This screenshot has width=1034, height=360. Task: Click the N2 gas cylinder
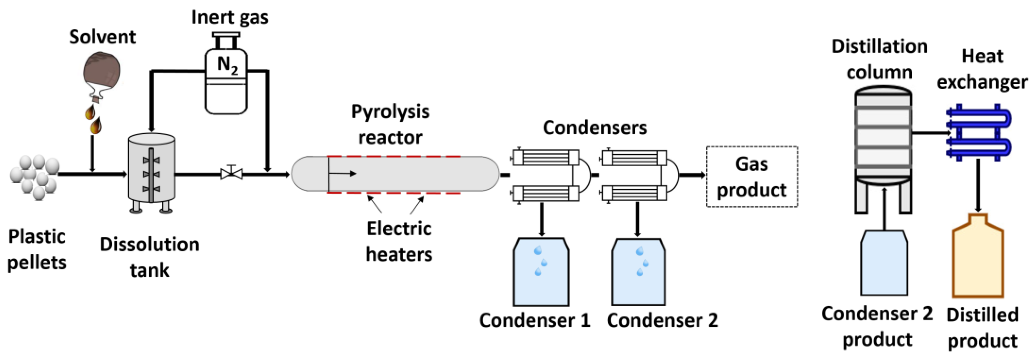coord(226,80)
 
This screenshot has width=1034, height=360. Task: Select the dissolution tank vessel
coord(151,169)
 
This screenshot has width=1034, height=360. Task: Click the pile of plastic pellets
coord(35,177)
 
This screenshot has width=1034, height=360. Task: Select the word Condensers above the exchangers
coord(594,128)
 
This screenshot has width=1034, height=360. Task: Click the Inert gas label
coord(230,18)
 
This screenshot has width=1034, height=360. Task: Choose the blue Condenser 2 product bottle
coord(884,263)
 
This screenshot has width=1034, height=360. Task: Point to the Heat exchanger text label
coord(982,69)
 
